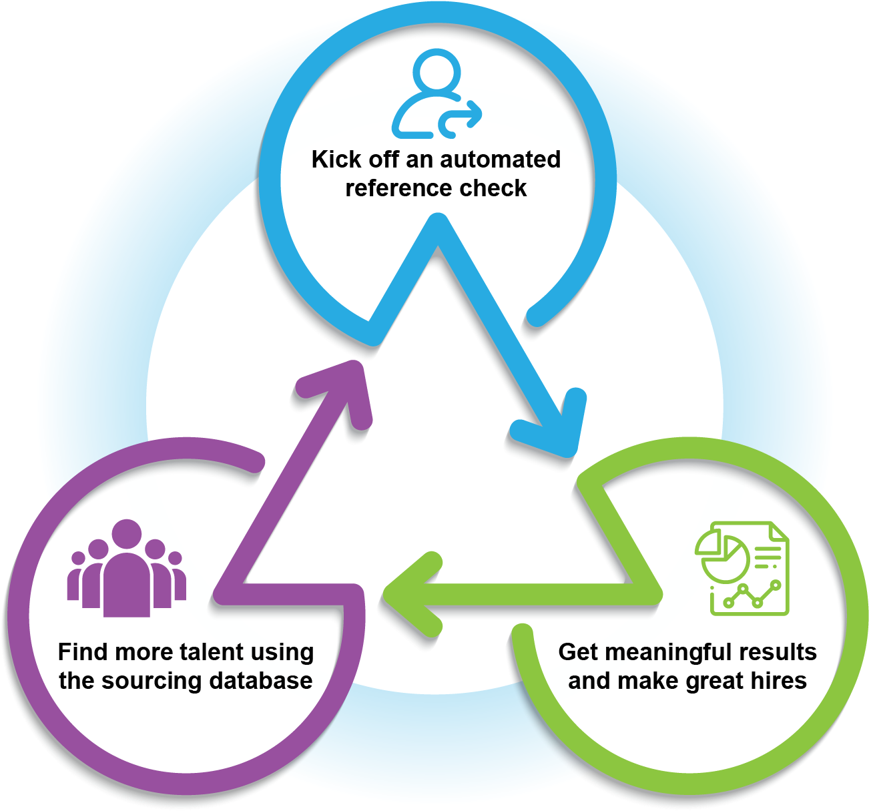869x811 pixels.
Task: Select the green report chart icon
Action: (741, 568)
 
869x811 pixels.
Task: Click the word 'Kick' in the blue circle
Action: (336, 160)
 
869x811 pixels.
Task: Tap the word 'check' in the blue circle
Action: (493, 188)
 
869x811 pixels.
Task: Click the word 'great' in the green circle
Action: (717, 682)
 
